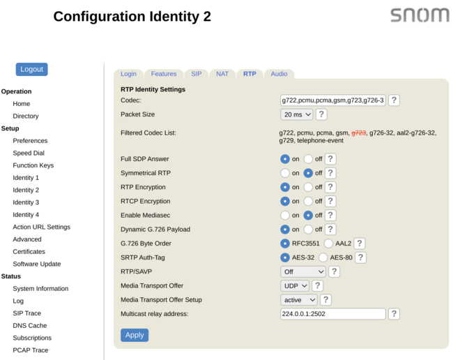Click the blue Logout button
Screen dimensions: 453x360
31,69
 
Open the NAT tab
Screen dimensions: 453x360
222,74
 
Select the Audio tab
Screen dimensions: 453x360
279,74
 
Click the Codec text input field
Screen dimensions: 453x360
333,100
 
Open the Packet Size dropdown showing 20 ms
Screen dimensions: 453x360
297,114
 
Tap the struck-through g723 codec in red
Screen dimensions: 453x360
358,133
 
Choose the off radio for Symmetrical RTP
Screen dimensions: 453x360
308,173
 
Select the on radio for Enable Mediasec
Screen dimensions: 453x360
285,216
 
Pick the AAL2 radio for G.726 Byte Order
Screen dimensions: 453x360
328,243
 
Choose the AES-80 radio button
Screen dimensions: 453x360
323,257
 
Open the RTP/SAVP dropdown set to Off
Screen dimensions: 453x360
303,272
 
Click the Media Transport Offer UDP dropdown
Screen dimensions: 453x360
295,286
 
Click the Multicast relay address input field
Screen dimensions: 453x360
333,314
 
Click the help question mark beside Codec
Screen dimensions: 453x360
394,100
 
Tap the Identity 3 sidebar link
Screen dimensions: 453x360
26,202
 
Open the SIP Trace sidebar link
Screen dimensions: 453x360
27,313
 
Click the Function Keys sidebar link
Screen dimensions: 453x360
33,165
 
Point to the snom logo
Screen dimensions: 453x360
420,15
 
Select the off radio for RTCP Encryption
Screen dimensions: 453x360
308,201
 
